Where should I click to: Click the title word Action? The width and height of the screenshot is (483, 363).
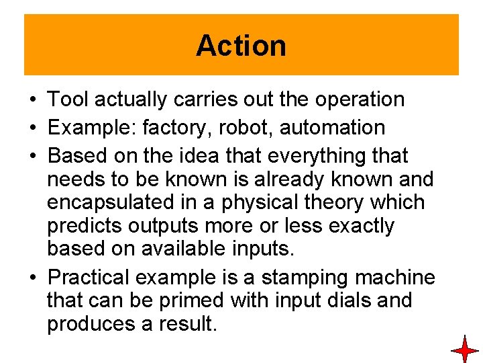click(x=241, y=46)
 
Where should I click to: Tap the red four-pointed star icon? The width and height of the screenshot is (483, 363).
click(x=464, y=350)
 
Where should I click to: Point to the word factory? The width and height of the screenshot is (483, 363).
click(x=168, y=128)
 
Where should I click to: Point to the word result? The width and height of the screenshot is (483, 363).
click(x=188, y=323)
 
